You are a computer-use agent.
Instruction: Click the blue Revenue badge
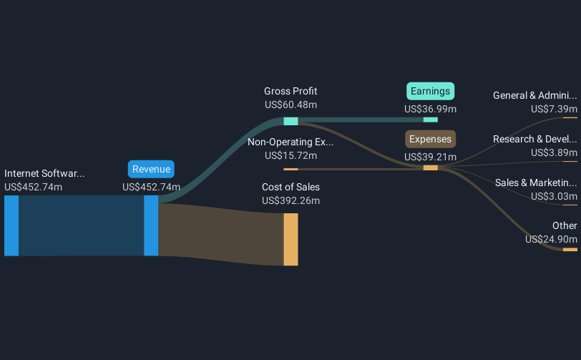(x=151, y=169)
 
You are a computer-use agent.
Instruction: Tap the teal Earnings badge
(x=430, y=91)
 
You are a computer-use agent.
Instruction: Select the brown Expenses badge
(x=430, y=139)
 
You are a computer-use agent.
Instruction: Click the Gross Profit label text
(x=290, y=92)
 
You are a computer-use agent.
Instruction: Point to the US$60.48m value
(x=290, y=105)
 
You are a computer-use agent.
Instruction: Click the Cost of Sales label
(x=290, y=188)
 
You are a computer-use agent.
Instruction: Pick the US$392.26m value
(x=290, y=200)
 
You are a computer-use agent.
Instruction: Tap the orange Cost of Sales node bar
(x=290, y=239)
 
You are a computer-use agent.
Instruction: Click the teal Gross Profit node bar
(x=290, y=121)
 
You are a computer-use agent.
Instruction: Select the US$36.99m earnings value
(x=430, y=109)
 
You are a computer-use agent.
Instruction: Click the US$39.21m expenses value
(x=430, y=157)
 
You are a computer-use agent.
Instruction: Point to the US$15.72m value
(x=290, y=155)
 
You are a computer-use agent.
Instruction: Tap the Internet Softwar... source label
(x=44, y=173)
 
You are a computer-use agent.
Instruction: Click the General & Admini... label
(x=534, y=95)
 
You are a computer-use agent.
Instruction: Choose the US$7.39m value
(x=554, y=109)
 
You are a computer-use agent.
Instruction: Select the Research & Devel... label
(x=534, y=139)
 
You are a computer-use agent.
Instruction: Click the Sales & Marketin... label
(x=536, y=183)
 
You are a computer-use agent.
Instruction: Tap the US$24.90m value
(x=551, y=239)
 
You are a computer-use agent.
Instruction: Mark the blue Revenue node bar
(x=151, y=225)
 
